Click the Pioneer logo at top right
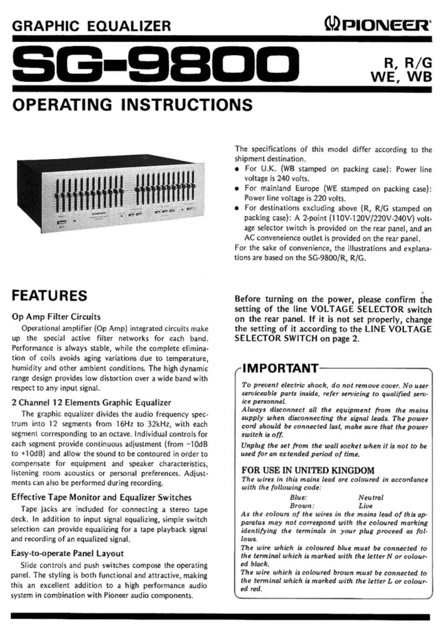377,26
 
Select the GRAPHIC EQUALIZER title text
92,27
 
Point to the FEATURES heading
50,297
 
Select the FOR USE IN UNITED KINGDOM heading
308,470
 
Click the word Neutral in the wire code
371,496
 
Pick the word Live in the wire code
367,505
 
